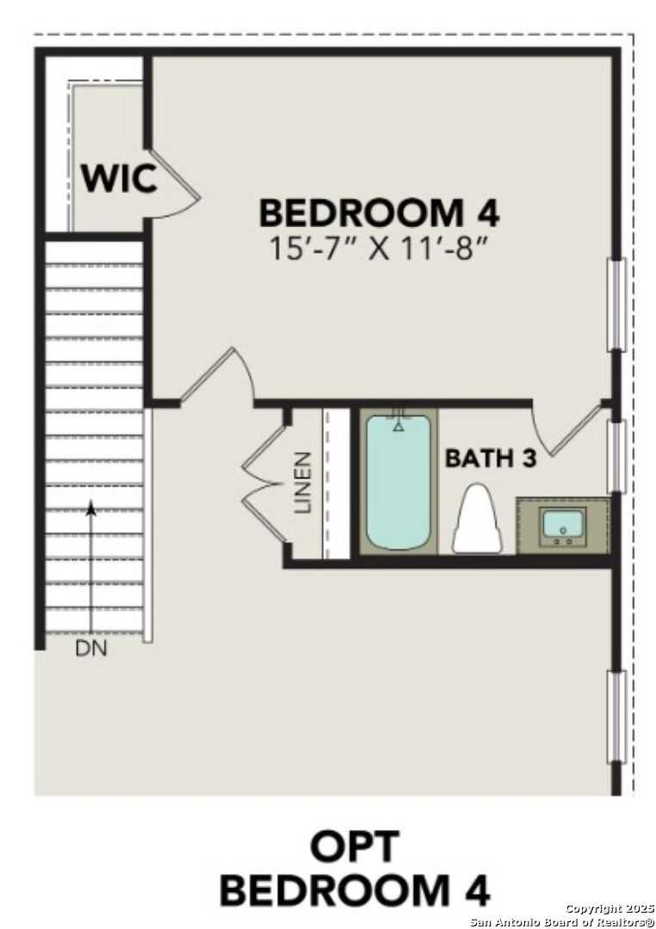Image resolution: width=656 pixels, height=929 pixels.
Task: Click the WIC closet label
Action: tap(120, 178)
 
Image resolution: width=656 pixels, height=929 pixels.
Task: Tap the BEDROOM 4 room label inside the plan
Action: tap(379, 212)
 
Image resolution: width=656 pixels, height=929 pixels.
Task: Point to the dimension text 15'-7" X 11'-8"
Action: tap(379, 249)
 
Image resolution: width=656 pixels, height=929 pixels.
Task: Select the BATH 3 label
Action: tap(491, 458)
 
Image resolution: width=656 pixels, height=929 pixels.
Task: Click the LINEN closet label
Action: tap(302, 483)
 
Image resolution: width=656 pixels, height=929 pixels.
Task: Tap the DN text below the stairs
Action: tap(91, 649)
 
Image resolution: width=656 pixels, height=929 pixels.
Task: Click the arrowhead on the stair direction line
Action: tap(91, 508)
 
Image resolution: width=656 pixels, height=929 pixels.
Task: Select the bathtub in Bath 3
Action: tap(398, 482)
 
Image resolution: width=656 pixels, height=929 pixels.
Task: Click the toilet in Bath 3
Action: tap(478, 520)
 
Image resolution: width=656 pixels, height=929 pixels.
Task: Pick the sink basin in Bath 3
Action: tap(562, 524)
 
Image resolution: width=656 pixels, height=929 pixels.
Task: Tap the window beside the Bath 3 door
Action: tap(616, 456)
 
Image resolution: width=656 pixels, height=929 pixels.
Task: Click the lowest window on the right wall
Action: tap(616, 717)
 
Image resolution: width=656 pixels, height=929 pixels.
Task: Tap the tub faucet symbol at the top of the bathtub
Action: tap(398, 423)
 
